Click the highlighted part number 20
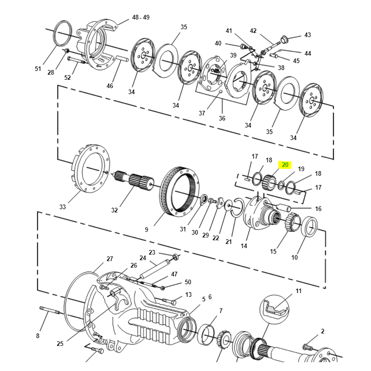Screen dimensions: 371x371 pyautogui.click(x=285, y=165)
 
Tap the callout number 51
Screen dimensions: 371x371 pyautogui.click(x=38, y=69)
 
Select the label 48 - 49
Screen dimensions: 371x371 pyautogui.click(x=141, y=17)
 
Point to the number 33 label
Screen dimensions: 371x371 pyautogui.click(x=63, y=206)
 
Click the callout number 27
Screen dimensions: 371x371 pyautogui.click(x=109, y=259)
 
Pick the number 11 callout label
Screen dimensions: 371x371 pyautogui.click(x=298, y=291)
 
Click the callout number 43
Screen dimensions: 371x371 pyautogui.click(x=307, y=35)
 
